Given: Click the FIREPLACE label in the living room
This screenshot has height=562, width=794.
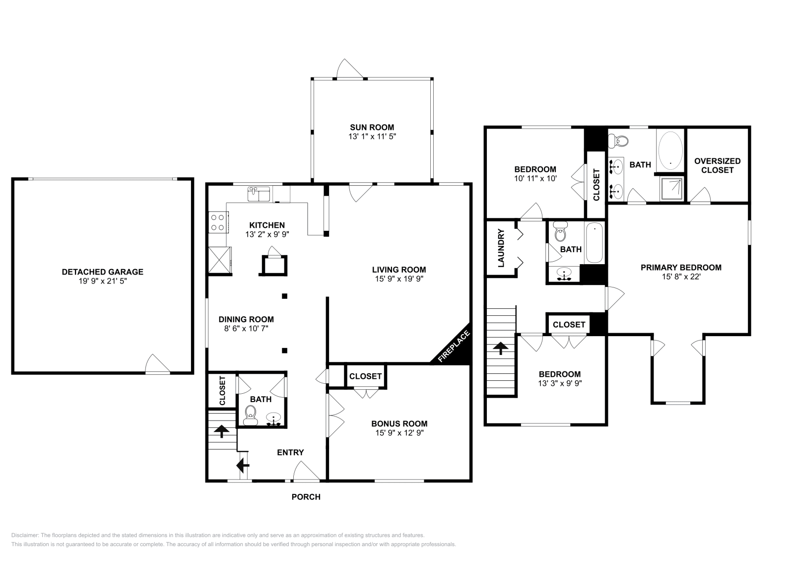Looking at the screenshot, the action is coord(454,346).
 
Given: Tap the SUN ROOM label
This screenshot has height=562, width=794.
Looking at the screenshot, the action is coord(372,127).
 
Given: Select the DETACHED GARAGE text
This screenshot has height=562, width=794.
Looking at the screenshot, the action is coord(102,272).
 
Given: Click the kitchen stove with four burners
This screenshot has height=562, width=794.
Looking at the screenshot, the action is coord(218,222).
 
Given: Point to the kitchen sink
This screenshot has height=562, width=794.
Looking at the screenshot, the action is coord(259,194).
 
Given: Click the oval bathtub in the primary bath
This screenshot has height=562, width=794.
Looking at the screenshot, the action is coord(670,150).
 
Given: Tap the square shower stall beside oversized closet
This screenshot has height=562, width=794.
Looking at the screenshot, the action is coord(672,189).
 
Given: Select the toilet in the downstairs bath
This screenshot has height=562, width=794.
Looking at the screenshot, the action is coord(251,415).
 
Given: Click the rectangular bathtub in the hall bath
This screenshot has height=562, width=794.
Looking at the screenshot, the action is coord(594,243).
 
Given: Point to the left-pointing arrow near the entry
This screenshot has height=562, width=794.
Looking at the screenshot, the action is coord(243,465).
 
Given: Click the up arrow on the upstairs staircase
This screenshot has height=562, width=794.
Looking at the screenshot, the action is coord(501,348).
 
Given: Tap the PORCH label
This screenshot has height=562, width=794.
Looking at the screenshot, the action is coord(306,497).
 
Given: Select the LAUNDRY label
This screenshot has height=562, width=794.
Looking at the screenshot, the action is coord(501,248).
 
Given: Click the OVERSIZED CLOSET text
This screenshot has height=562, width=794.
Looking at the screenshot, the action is coord(718,166).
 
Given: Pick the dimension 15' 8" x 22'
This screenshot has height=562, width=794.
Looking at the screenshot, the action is coord(681,277).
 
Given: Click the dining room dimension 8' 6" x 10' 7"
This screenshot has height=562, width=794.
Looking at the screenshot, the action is coord(246,329).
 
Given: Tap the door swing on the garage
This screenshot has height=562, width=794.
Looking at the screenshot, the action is coord(158,364).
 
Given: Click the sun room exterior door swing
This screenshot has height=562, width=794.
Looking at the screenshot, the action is coord(349,69).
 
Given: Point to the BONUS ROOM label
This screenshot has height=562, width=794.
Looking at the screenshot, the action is coord(399,423).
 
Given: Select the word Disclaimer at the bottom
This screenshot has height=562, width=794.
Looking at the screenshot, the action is coord(25,535).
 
